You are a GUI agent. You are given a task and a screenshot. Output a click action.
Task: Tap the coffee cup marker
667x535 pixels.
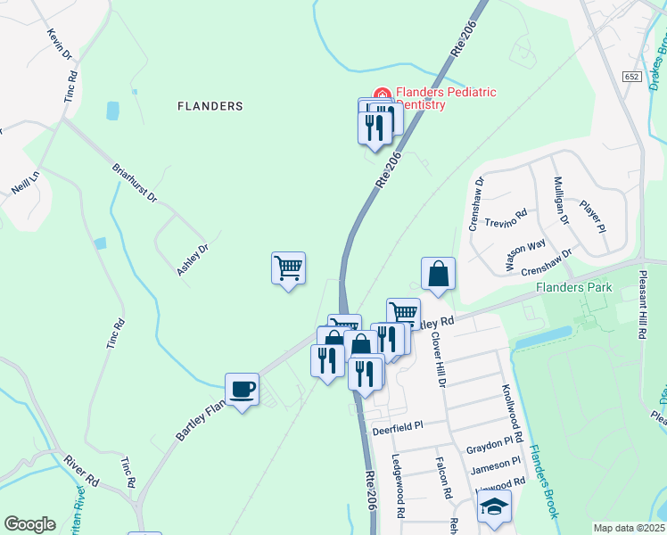(x=243, y=390)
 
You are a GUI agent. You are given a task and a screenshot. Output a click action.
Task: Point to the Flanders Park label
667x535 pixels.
(x=573, y=287)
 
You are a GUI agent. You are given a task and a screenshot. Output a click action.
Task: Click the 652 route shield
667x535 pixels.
(x=632, y=78)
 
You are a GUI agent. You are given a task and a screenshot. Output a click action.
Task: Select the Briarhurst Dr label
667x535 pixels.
(x=135, y=182)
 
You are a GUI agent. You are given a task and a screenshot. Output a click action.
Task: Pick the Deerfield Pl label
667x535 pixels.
(x=396, y=428)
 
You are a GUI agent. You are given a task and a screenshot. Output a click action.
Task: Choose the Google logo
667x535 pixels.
(x=29, y=524)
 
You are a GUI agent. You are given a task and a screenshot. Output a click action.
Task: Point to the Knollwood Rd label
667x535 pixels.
(x=509, y=405)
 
